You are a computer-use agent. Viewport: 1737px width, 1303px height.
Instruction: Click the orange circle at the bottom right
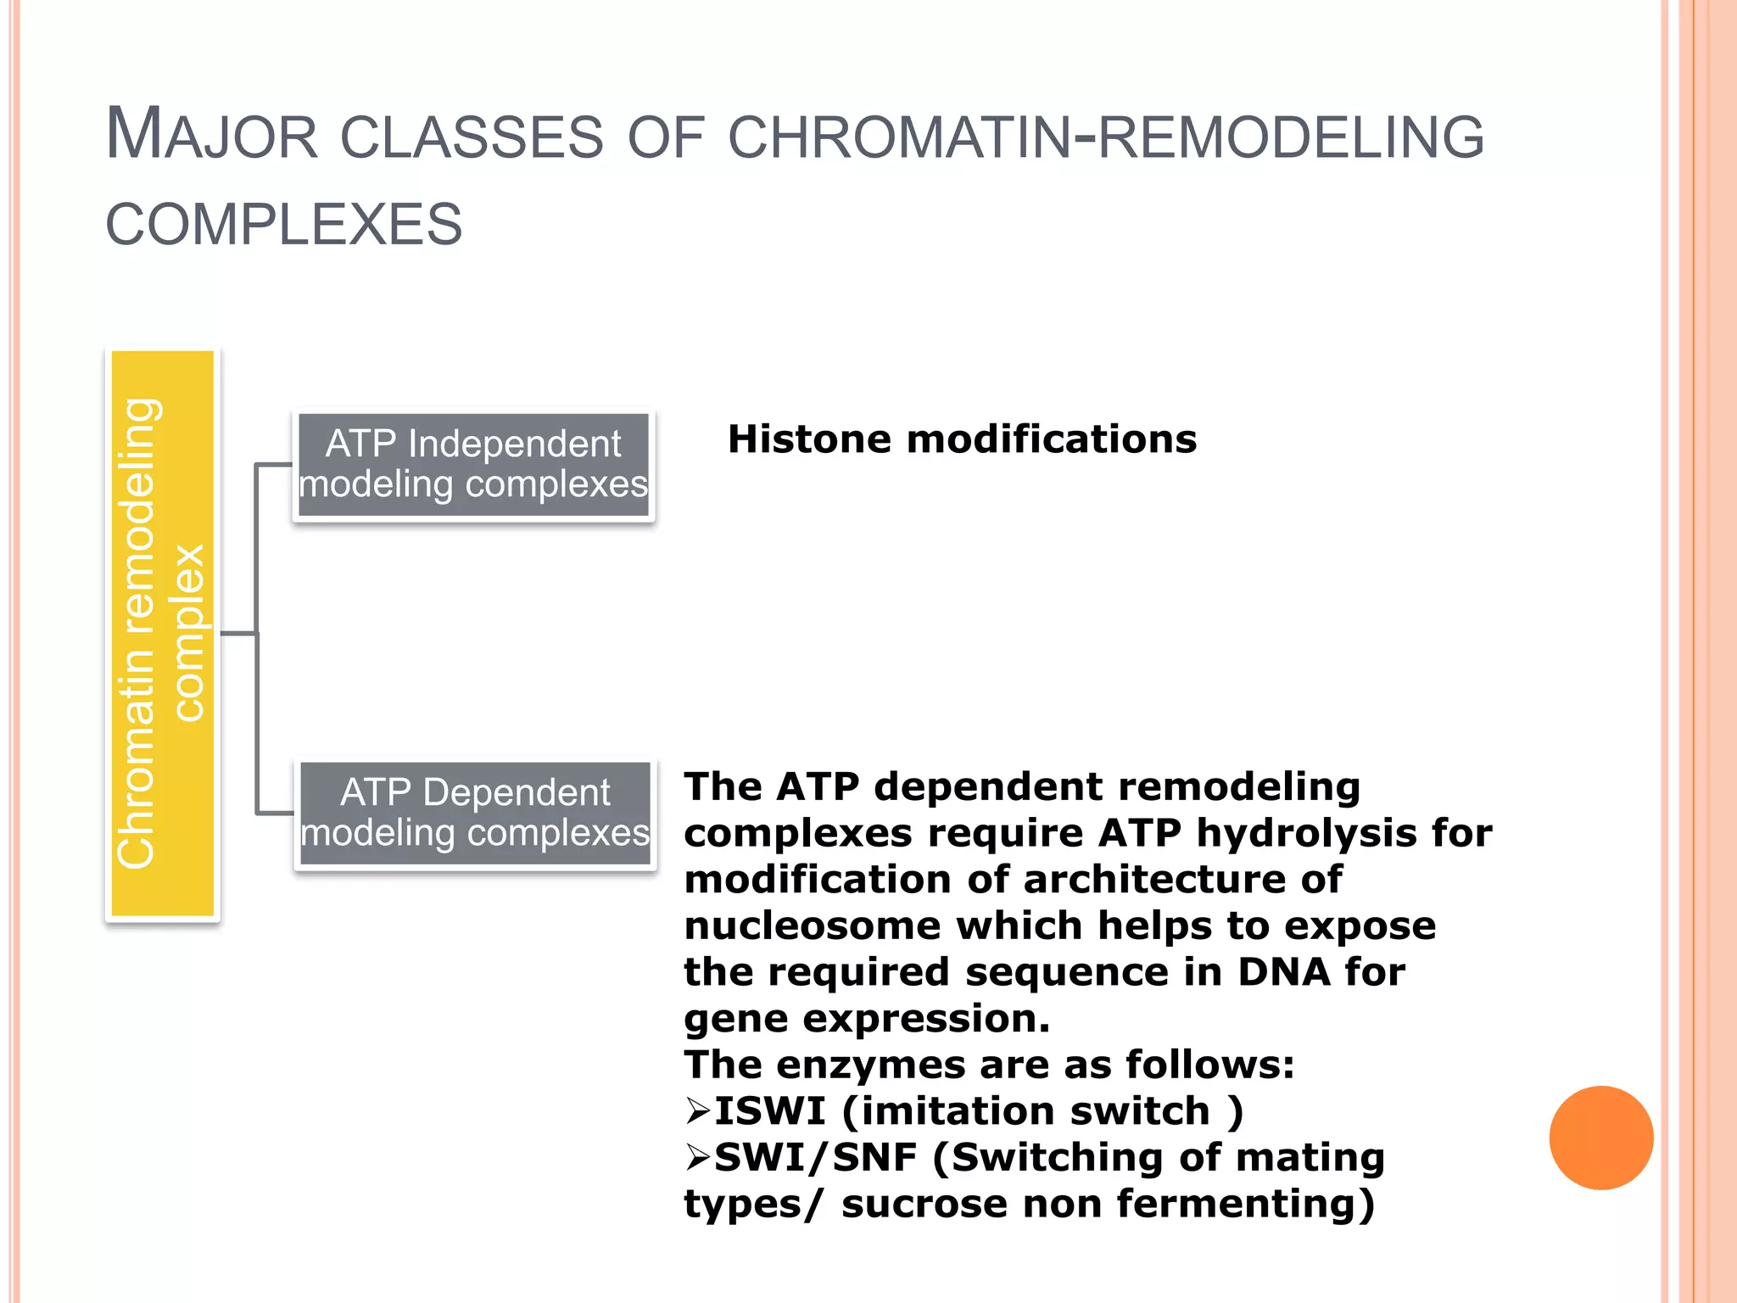pyautogui.click(x=1600, y=1138)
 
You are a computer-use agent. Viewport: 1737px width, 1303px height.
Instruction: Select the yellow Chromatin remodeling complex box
pyautogui.click(x=162, y=634)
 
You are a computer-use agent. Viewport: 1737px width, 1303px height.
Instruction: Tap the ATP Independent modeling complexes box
pyautogui.click(x=473, y=465)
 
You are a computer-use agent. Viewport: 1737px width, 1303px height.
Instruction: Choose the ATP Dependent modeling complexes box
pyautogui.click(x=475, y=814)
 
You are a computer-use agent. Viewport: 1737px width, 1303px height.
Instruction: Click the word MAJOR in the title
pyautogui.click(x=212, y=136)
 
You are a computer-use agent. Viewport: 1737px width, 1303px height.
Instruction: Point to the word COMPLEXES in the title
pyautogui.click(x=283, y=226)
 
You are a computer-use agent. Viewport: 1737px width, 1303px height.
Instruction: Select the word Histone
pyautogui.click(x=809, y=439)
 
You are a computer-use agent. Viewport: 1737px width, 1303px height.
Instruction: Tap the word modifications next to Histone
pyautogui.click(x=1052, y=439)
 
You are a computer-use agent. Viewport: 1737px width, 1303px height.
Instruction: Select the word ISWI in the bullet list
pyautogui.click(x=769, y=1111)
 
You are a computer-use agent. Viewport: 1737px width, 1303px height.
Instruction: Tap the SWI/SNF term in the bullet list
pyautogui.click(x=815, y=1158)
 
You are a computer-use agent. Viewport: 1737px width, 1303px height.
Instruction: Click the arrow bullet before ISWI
pyautogui.click(x=697, y=1110)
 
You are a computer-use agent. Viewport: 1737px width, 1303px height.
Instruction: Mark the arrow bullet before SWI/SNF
pyautogui.click(x=697, y=1157)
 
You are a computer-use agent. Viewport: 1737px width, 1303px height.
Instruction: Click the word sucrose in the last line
pyautogui.click(x=924, y=1205)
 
